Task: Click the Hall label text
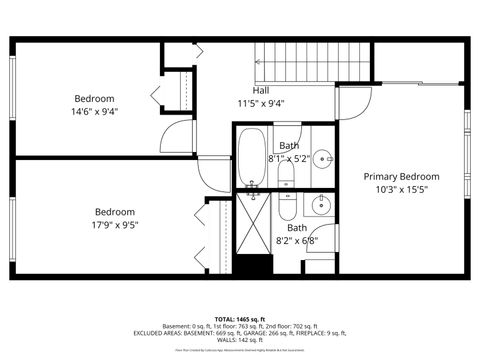click(x=260, y=90)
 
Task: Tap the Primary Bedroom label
click(x=400, y=176)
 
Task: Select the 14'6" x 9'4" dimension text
click(x=94, y=112)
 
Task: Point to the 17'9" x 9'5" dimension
click(x=115, y=225)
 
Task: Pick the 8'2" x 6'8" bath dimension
click(x=296, y=240)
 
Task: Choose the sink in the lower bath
click(x=320, y=207)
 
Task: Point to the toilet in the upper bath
click(x=286, y=176)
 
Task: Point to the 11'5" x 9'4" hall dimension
click(x=260, y=103)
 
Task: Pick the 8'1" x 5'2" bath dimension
click(x=290, y=158)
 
